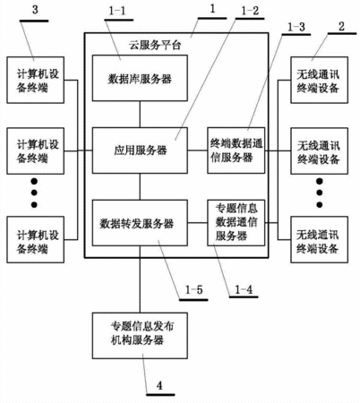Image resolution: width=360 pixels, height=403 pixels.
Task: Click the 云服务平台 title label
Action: coord(155,46)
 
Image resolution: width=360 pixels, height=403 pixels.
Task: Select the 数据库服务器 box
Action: coord(140,78)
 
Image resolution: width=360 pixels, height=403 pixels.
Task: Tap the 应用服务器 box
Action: coord(140,150)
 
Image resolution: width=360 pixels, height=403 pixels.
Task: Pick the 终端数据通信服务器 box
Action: coord(236,150)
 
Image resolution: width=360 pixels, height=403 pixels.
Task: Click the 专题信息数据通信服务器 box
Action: coord(236,223)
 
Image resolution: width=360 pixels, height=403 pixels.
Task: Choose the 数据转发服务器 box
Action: coord(140,223)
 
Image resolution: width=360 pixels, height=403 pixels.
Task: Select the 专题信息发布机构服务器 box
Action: coord(140,336)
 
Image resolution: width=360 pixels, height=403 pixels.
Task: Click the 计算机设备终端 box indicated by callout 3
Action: coord(36,80)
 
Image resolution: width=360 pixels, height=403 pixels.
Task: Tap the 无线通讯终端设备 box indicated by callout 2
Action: coord(320,80)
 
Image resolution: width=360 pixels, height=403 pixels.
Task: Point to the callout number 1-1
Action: coord(117,11)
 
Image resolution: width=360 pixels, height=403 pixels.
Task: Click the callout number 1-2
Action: coord(250,11)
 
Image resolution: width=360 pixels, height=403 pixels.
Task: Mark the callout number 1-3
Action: coord(296,27)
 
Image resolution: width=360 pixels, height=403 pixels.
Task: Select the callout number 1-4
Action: coord(244,289)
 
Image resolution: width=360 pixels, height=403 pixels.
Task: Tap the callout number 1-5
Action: coord(193,289)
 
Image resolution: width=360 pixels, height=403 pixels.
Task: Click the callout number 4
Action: coord(159,385)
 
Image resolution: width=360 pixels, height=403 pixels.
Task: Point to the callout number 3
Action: coord(35,10)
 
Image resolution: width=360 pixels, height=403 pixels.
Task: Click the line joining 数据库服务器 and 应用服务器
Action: coord(140,115)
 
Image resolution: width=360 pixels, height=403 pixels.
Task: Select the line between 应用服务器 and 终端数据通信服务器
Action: coord(198,150)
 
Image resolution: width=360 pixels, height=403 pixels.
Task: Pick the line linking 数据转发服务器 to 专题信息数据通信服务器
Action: coord(198,223)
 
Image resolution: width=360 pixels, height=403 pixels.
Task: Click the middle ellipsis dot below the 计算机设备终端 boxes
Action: coord(34,193)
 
